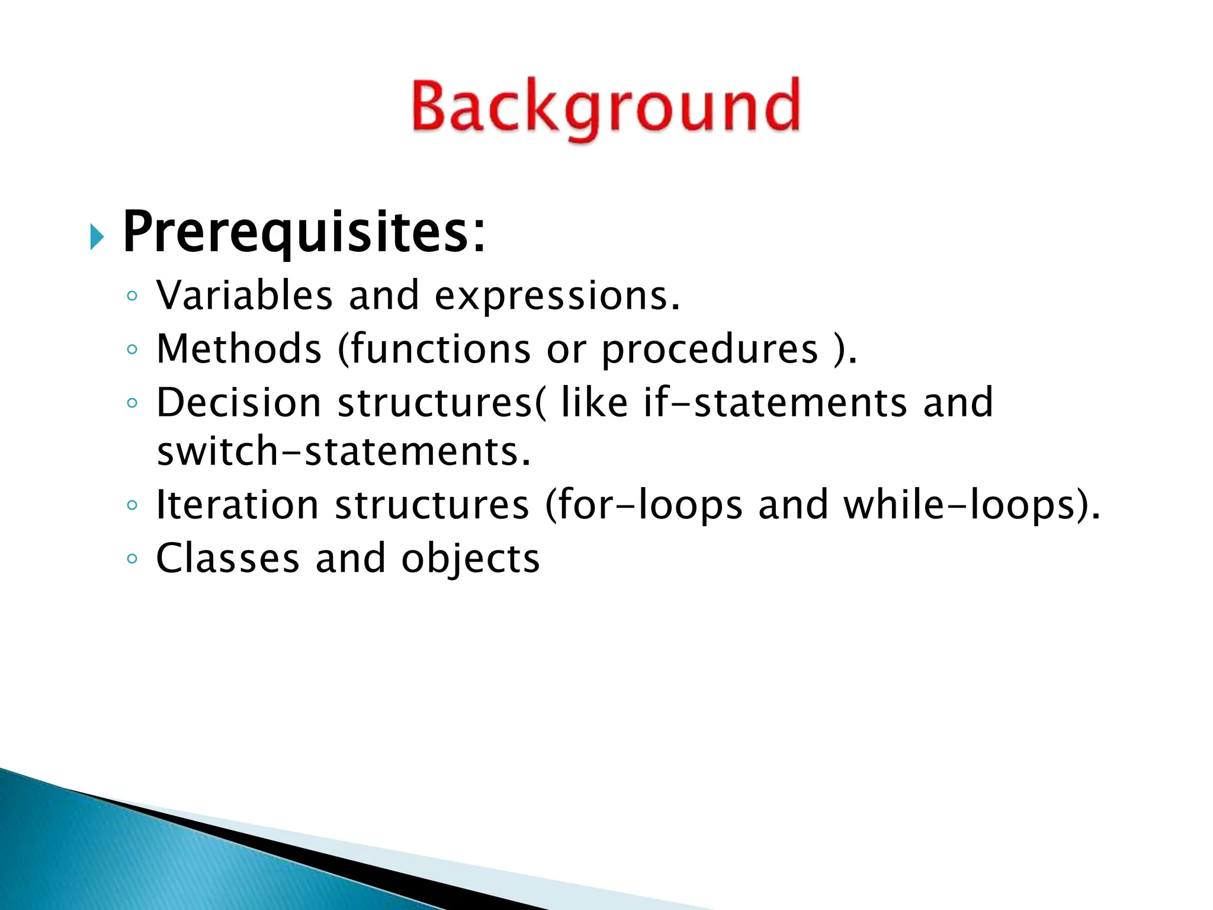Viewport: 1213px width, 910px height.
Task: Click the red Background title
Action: coord(605,108)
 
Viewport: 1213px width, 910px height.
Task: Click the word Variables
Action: coord(244,295)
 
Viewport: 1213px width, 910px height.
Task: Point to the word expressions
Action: coord(557,296)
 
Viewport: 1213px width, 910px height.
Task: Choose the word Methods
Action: coord(239,348)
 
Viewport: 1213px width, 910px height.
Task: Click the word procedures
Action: coord(710,350)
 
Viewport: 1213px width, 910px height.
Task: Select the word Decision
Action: coord(239,403)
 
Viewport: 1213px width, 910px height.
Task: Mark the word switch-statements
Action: coord(344,452)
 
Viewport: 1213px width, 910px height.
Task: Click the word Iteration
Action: coord(237,505)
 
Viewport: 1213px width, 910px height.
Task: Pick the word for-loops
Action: coord(644,506)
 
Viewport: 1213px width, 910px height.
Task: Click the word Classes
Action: coord(228,559)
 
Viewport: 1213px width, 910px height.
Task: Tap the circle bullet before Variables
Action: coord(132,296)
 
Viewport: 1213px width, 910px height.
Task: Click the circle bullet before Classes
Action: coord(132,559)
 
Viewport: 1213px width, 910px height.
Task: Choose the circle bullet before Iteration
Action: coord(132,505)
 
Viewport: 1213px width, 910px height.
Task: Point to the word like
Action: coord(594,403)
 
